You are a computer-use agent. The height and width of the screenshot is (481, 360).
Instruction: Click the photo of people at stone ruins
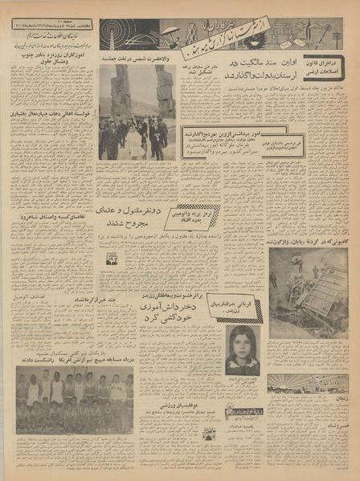137,112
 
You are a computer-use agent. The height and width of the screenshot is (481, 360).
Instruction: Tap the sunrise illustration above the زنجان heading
308,382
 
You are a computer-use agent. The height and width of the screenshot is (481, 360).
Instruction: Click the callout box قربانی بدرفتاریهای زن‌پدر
243,308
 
